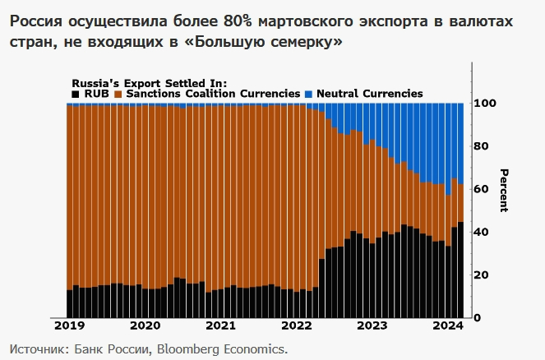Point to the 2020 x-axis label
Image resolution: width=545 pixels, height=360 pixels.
145,325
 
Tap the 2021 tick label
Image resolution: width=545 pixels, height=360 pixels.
220,325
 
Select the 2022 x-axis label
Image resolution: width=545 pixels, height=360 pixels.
296,325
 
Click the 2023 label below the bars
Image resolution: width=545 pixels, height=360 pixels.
372,325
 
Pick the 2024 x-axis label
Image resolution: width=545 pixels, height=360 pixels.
447,325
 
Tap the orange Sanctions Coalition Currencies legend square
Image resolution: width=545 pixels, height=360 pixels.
120,95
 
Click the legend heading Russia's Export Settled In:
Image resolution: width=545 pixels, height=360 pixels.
149,83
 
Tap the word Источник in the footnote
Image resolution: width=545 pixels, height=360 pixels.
38,348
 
